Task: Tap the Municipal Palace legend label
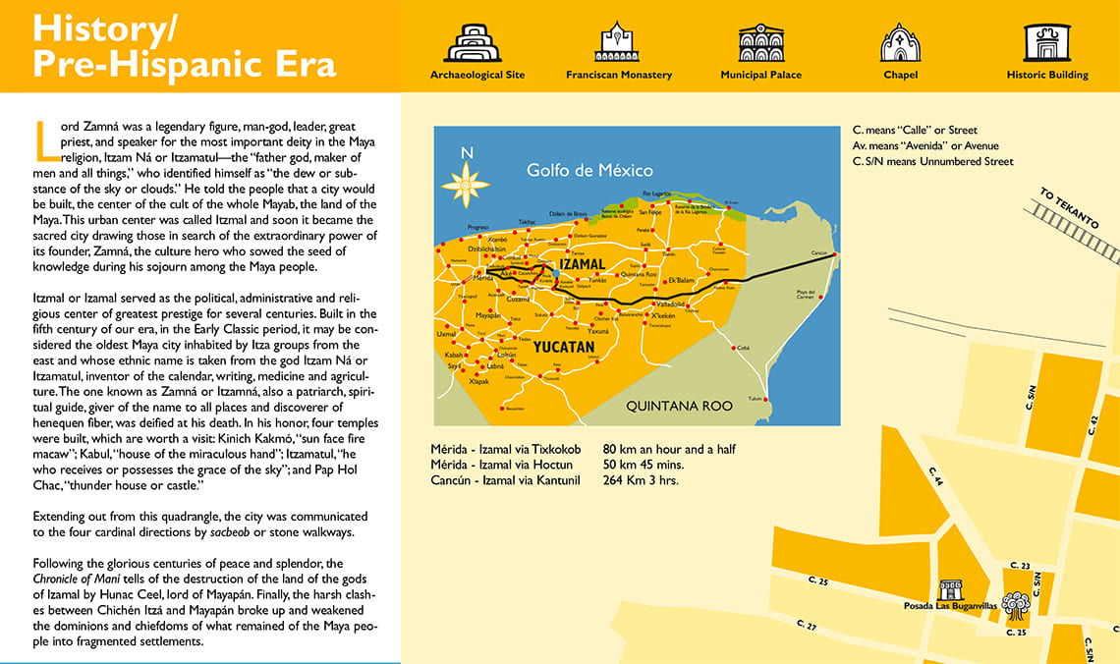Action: tap(760, 75)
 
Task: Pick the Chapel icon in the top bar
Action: tap(900, 42)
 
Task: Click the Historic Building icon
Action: tap(1046, 42)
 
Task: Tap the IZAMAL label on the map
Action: tap(581, 265)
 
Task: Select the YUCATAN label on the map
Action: tap(564, 347)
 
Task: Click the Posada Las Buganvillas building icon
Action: tap(951, 589)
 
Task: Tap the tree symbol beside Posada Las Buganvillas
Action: tap(1015, 604)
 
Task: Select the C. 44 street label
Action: tap(935, 477)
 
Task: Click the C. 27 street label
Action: tap(806, 626)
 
